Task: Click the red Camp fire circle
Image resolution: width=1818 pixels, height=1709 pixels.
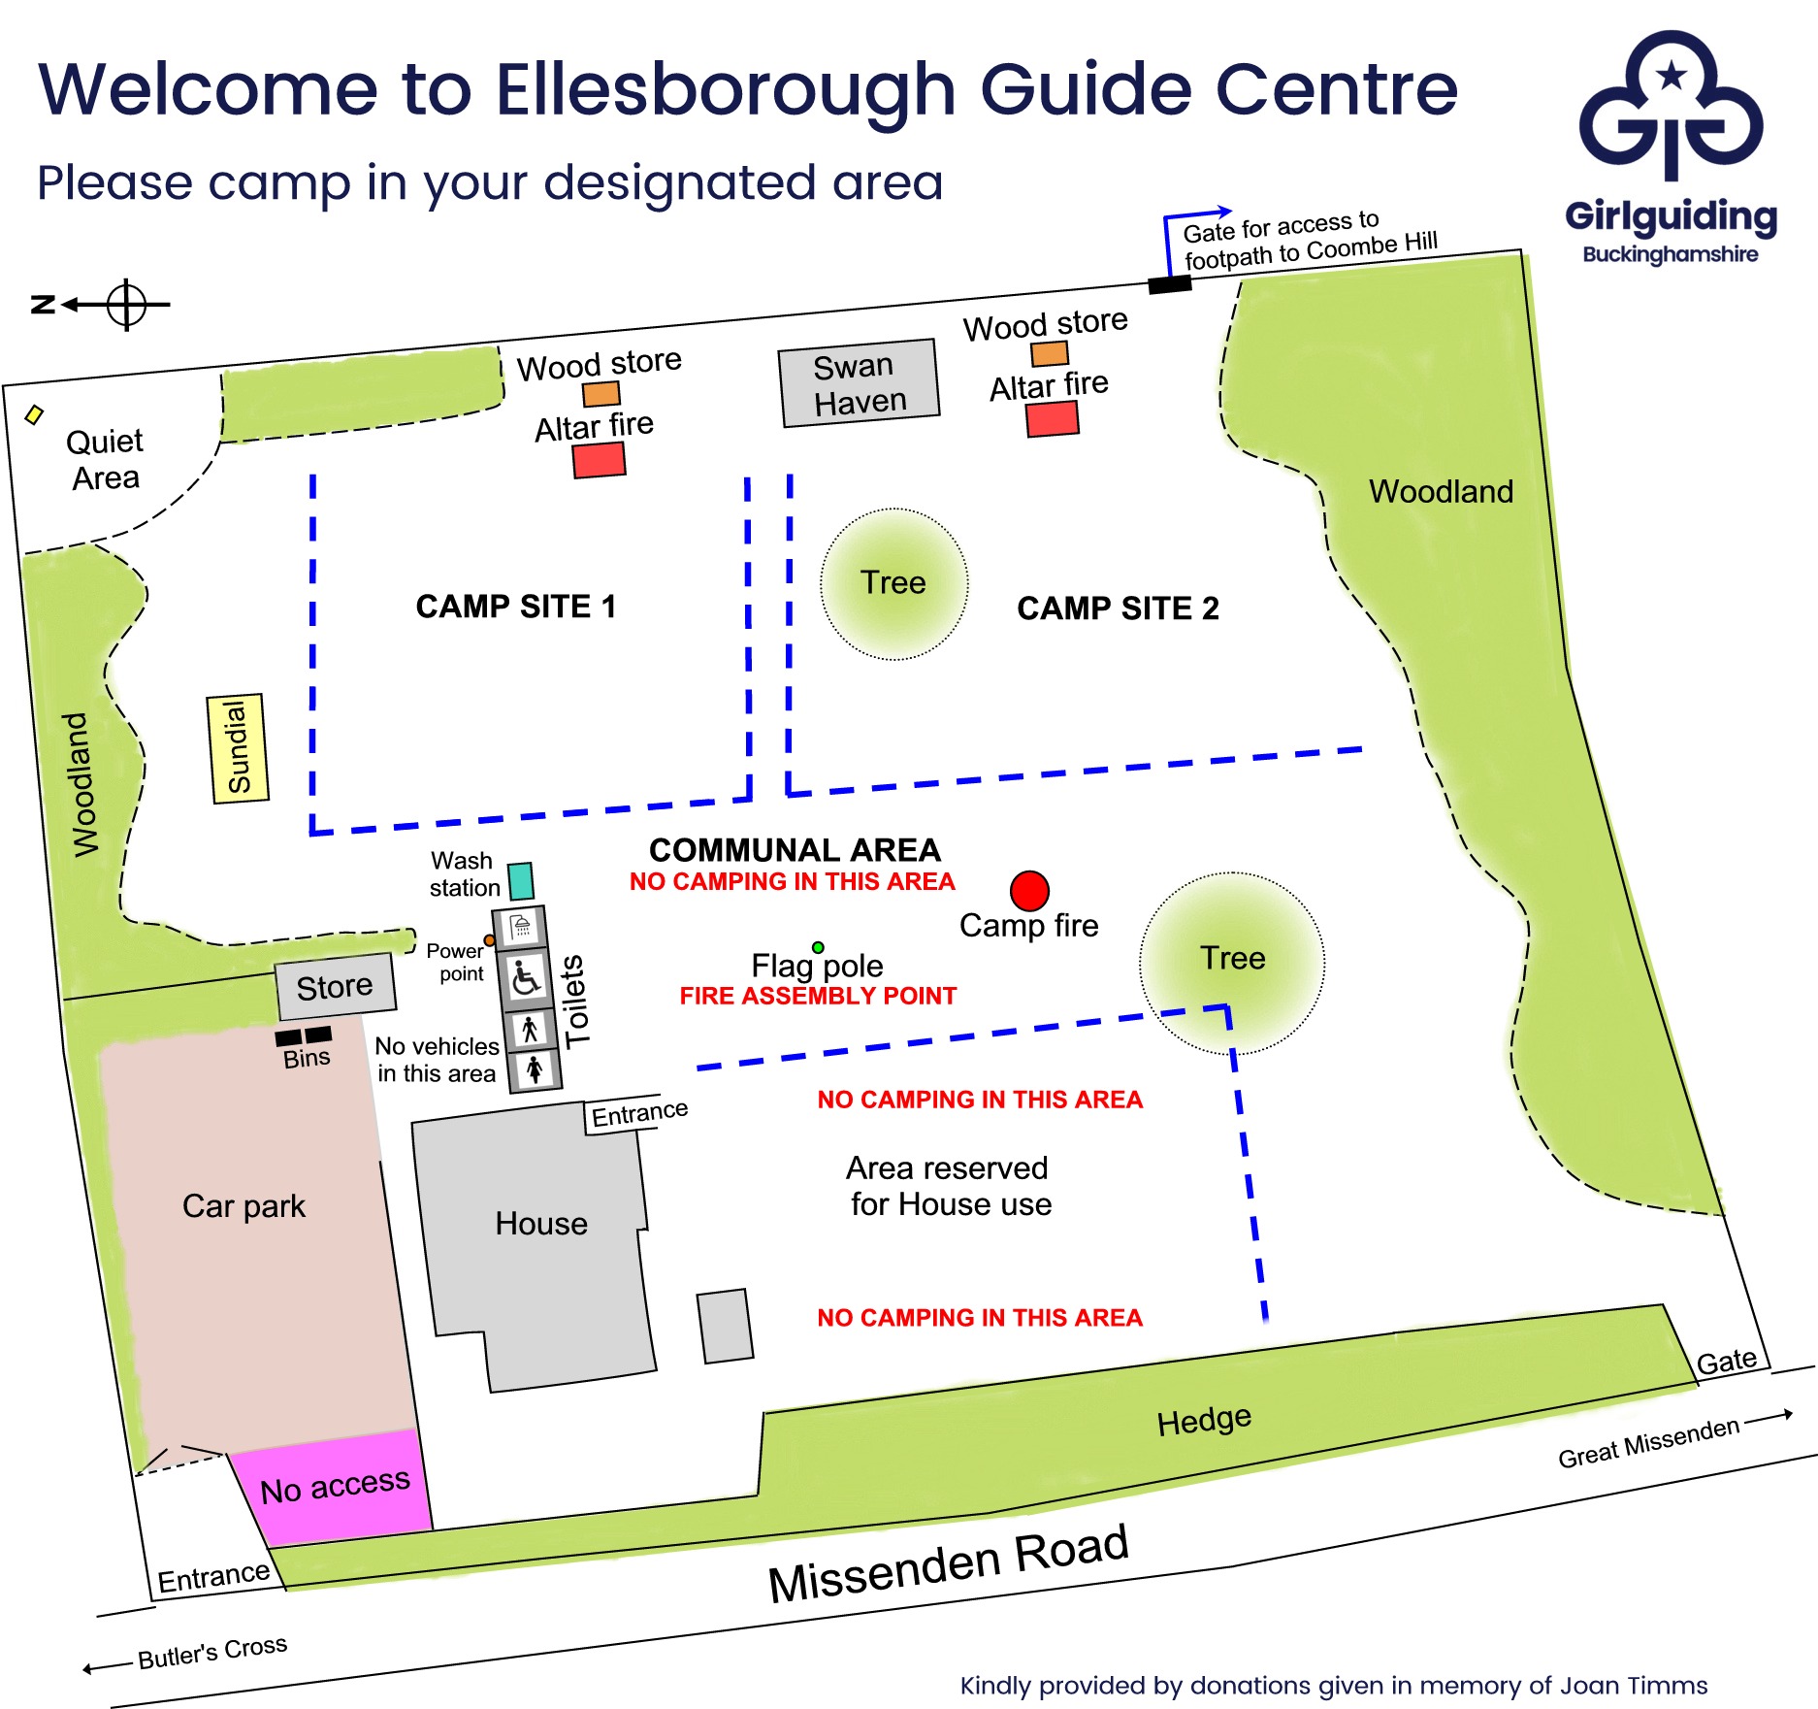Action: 1029,891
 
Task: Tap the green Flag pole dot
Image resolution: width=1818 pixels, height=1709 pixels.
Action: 818,947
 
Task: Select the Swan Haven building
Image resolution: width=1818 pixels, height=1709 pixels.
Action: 860,383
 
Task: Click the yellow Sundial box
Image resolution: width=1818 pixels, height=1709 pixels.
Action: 238,748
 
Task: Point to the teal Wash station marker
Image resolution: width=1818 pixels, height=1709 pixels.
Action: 521,881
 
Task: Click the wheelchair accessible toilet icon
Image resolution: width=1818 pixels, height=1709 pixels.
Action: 525,978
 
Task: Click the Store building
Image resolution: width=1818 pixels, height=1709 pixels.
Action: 335,986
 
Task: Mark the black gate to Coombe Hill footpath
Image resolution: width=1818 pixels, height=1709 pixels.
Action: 1169,284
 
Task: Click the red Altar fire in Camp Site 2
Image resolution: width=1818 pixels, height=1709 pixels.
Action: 1053,419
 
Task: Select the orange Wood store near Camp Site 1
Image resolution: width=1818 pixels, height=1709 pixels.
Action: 601,394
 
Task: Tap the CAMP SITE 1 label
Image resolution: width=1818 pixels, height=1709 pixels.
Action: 516,607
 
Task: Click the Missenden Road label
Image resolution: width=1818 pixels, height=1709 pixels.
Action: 949,1564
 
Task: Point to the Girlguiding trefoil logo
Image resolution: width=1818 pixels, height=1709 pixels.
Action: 1671,107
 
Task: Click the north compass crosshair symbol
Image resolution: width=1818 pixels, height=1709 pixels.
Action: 126,305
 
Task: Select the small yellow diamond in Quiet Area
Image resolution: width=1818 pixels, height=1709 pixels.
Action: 34,415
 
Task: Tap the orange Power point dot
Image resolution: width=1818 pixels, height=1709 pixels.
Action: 490,940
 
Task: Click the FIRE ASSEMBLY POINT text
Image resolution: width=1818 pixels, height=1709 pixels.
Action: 818,996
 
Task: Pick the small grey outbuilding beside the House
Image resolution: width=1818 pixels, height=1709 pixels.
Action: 726,1326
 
